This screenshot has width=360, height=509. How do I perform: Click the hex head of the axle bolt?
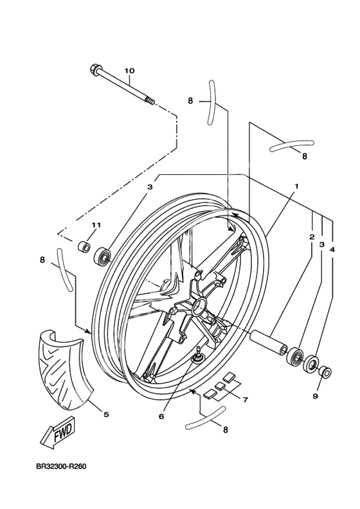(x=94, y=69)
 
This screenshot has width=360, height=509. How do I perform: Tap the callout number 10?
(x=129, y=71)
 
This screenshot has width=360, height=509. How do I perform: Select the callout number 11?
(x=96, y=225)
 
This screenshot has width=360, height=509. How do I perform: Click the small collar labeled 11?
(x=84, y=246)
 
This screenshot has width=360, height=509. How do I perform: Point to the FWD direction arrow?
(x=58, y=433)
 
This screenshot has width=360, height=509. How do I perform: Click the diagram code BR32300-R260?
(x=61, y=467)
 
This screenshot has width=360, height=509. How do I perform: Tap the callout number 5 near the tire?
(x=106, y=415)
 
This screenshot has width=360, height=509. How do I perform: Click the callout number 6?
(x=161, y=416)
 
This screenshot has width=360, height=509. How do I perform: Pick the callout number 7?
(x=245, y=400)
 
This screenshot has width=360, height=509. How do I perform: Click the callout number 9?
(x=315, y=396)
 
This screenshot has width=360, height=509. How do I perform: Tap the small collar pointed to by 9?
(x=325, y=371)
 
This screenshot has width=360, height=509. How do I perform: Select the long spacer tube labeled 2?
(x=268, y=343)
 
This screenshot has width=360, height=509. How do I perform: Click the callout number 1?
(x=296, y=186)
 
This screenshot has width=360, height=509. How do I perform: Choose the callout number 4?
(x=332, y=249)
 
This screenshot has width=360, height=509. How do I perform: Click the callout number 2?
(x=312, y=237)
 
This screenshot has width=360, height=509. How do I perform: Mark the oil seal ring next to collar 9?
(x=311, y=364)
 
